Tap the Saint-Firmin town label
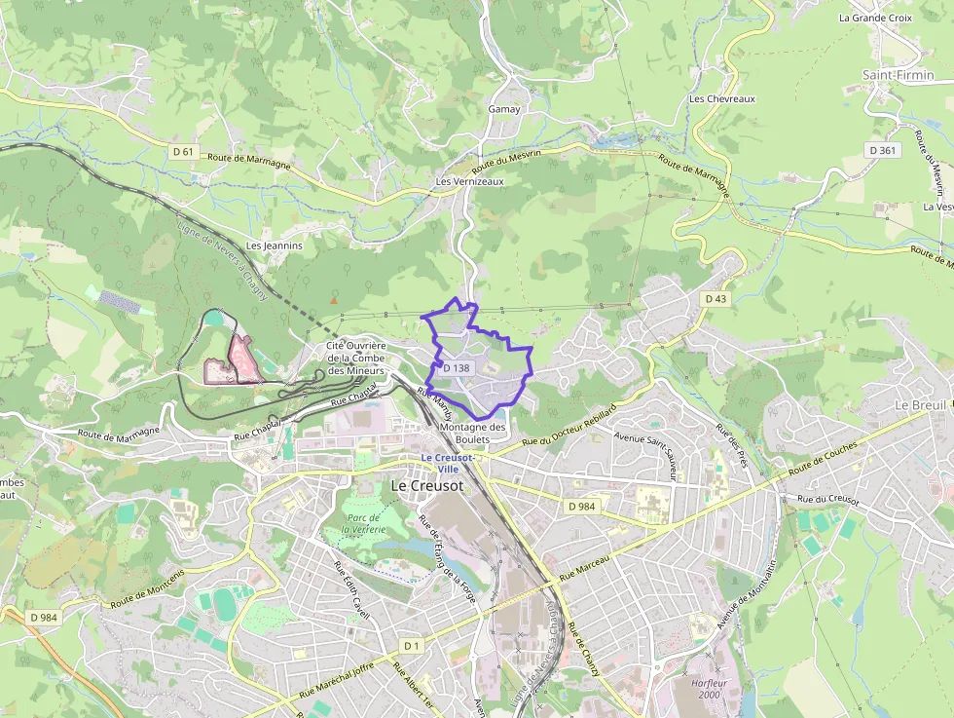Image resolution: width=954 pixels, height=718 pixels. tap(896, 74)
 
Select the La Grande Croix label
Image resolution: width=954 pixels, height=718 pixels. tap(875, 18)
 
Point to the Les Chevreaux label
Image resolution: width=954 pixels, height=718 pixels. tap(721, 98)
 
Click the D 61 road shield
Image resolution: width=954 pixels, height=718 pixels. tap(183, 151)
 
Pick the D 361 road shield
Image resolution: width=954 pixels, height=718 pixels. tap(884, 150)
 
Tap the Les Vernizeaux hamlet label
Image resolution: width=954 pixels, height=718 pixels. tap(469, 181)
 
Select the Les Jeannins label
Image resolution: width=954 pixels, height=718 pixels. tap(275, 246)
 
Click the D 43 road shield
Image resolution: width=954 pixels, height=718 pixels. tap(715, 298)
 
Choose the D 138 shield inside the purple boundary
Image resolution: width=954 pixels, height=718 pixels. tap(456, 368)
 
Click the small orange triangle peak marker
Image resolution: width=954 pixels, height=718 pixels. tap(334, 300)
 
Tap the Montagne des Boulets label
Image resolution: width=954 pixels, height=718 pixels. tap(473, 434)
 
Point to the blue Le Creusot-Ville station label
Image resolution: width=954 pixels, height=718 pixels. tap(447, 463)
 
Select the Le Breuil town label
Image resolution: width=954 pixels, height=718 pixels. tap(920, 404)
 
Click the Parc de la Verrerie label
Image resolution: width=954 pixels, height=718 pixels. tap(363, 523)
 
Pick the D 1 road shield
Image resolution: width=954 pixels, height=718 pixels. tap(412, 646)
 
